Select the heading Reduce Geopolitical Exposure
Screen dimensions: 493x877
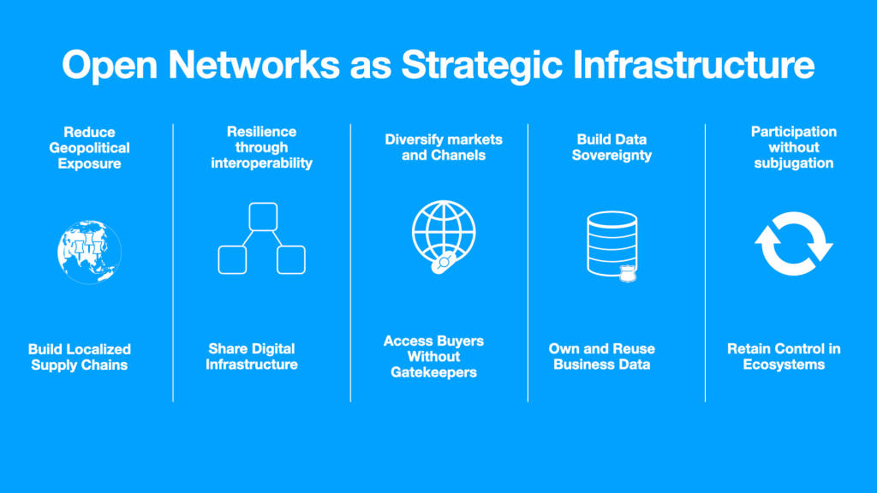coord(90,147)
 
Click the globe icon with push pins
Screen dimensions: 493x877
coord(89,251)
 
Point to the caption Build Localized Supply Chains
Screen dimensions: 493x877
coord(80,357)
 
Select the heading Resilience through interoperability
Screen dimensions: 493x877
coord(262,147)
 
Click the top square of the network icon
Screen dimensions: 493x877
coord(262,217)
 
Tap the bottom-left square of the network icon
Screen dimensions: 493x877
coord(233,259)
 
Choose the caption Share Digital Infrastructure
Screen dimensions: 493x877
coord(252,357)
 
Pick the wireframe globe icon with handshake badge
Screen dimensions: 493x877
coord(443,235)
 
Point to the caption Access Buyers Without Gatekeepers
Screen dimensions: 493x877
coord(433,357)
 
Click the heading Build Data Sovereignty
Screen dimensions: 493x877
coord(612,147)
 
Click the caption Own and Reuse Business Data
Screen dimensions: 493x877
coord(602,357)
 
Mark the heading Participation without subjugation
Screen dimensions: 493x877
coord(794,147)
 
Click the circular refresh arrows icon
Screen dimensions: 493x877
coord(793,244)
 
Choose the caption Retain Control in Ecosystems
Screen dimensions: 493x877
coord(784,357)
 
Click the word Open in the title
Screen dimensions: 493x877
coord(110,66)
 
